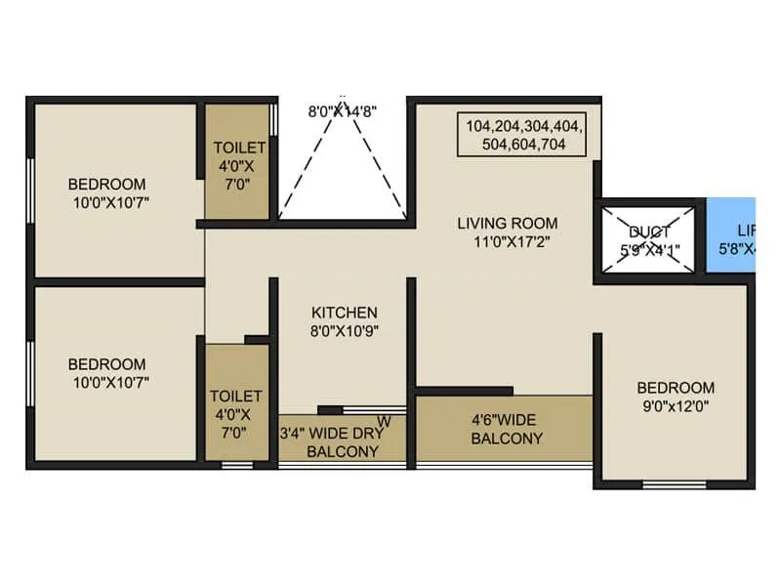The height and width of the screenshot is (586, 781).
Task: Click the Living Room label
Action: coord(507,223)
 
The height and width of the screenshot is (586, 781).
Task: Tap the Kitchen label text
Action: coord(344,313)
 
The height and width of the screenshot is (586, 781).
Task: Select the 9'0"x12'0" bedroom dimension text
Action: coord(675,405)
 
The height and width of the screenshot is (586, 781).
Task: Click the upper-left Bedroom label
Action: coord(106,184)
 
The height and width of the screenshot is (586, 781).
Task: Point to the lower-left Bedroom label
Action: coord(106,364)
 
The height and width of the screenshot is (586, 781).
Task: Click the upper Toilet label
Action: coord(239,147)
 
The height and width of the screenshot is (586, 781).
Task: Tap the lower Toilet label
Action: coord(236,396)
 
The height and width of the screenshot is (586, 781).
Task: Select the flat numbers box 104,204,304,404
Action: coord(524,135)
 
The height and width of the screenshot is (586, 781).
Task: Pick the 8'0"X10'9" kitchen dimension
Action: coord(344,330)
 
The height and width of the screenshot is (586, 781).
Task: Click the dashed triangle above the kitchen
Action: coord(342,166)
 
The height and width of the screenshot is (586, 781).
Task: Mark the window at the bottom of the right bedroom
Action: coord(675,483)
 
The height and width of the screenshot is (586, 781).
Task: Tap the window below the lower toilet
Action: coord(236,465)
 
